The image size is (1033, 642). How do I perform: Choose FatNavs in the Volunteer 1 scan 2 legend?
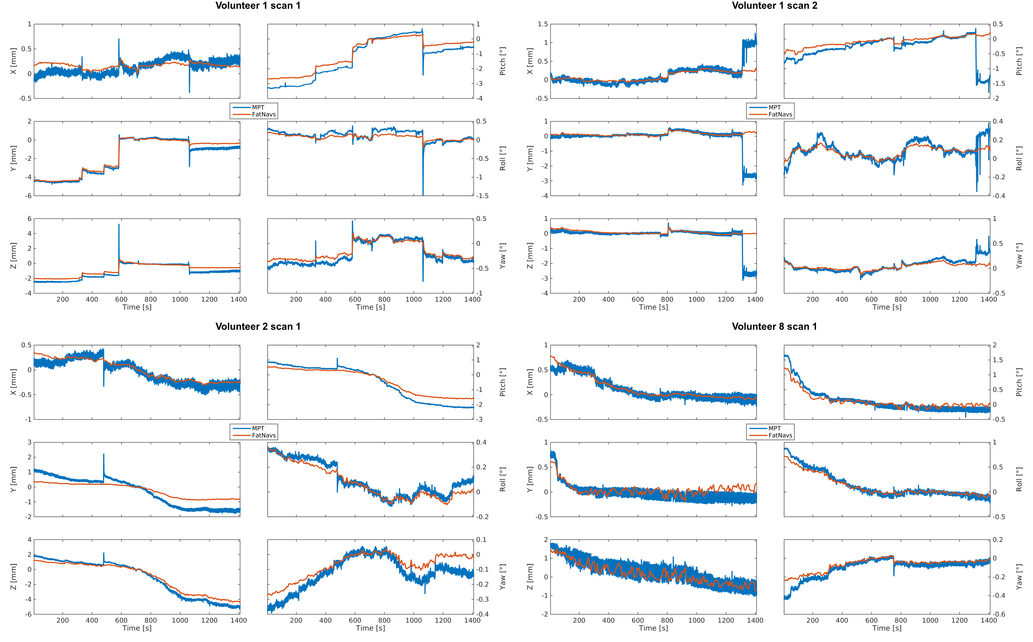780,114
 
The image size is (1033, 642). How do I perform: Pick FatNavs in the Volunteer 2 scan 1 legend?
264,435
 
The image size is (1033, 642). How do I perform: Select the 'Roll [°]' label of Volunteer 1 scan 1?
502,158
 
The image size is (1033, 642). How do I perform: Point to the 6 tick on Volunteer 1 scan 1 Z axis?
29,219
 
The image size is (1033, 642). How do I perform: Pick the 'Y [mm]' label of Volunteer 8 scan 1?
530,479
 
